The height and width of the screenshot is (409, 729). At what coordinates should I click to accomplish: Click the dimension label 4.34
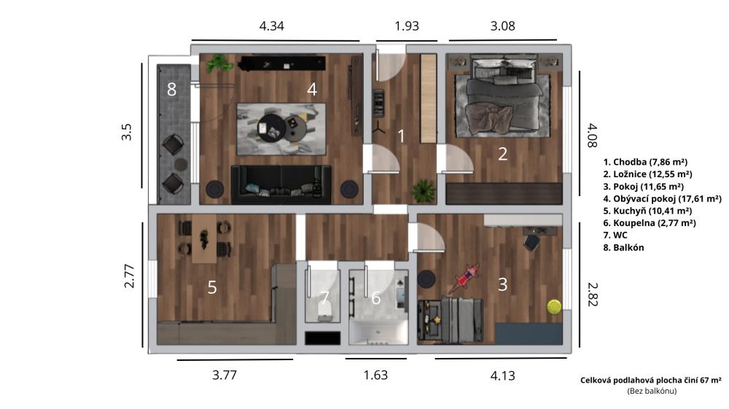click(271, 26)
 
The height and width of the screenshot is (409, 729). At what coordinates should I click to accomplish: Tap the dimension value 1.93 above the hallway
click(407, 26)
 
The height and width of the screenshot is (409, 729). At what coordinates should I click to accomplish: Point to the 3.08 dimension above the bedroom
click(502, 26)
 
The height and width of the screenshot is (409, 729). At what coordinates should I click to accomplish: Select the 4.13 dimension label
click(502, 375)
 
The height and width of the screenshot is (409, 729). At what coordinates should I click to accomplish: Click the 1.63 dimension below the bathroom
click(375, 375)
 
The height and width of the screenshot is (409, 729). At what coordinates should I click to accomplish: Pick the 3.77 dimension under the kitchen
click(225, 375)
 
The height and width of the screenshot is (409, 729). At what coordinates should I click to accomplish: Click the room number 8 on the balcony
click(171, 89)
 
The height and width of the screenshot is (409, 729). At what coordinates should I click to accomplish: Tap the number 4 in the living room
click(312, 89)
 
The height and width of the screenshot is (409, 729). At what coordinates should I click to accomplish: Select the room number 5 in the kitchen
click(212, 287)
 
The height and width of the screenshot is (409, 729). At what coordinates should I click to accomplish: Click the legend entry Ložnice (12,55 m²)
click(647, 174)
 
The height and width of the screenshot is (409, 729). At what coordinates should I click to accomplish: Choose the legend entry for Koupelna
click(650, 223)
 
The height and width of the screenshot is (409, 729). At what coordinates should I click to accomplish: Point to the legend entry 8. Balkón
click(623, 248)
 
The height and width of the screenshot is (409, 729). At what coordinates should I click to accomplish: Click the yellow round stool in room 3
click(554, 307)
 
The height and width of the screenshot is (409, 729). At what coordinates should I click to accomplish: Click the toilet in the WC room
click(324, 311)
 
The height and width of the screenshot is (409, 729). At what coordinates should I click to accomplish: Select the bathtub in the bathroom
click(378, 332)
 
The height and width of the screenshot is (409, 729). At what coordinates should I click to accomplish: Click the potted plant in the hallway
click(424, 190)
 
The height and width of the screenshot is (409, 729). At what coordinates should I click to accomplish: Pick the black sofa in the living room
click(281, 184)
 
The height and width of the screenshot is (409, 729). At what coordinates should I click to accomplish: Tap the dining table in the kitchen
click(205, 240)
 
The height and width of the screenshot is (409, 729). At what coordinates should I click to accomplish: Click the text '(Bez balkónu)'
click(652, 391)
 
